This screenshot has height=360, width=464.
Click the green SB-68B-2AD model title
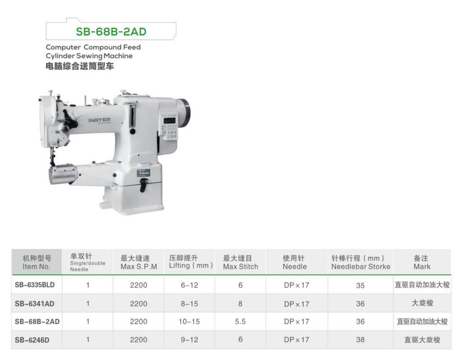tap(111, 32)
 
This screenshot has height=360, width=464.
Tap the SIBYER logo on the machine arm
tap(99, 120)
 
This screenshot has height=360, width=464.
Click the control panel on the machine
tap(169, 126)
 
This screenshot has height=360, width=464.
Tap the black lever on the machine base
tap(143, 185)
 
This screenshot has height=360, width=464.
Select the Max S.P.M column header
tap(139, 262)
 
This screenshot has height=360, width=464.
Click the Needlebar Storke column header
tap(361, 262)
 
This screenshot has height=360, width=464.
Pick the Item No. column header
tap(37, 262)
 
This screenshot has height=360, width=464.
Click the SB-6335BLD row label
tap(35, 285)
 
